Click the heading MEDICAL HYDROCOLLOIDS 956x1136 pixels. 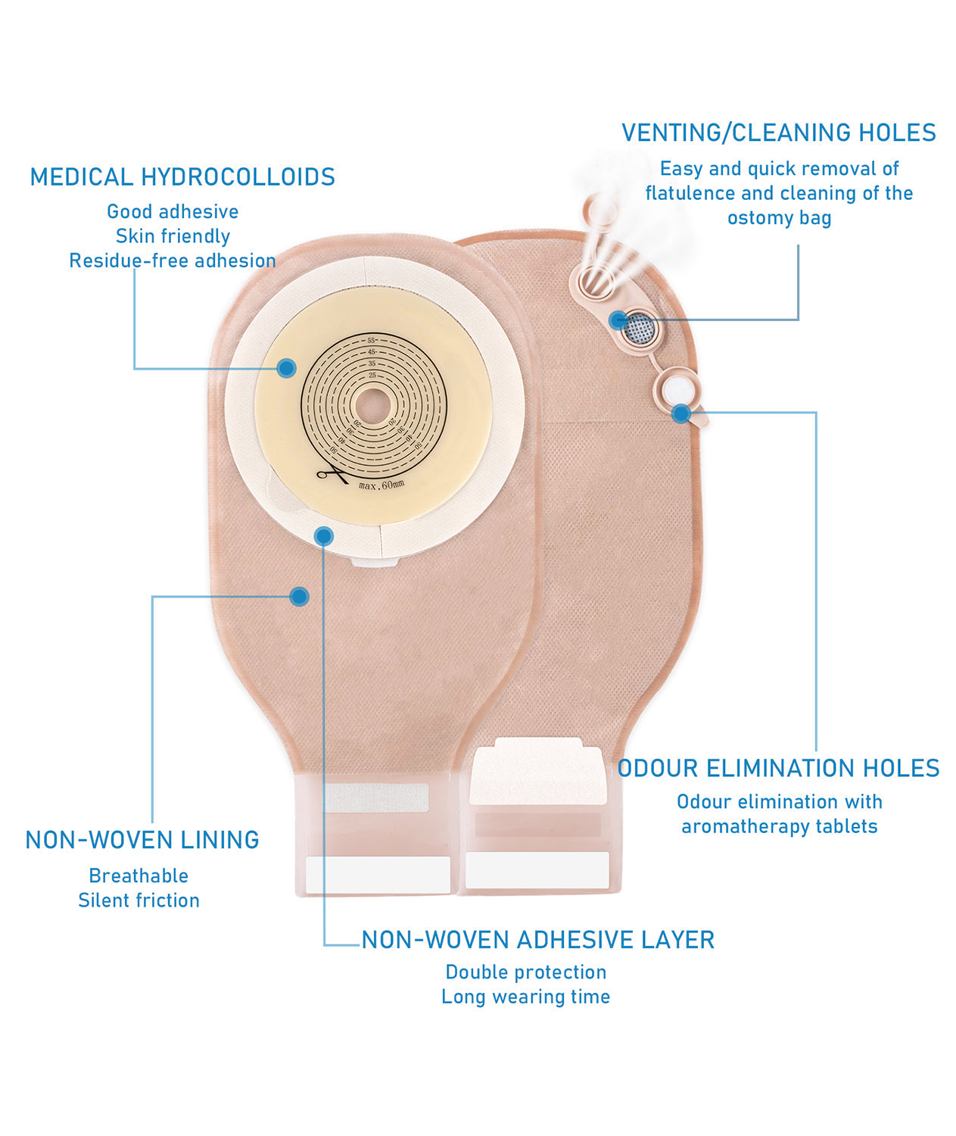pos(182,177)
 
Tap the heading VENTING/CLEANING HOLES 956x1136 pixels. pos(779,133)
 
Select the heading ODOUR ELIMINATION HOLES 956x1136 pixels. pos(779,769)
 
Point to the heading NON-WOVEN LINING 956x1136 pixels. pos(142,840)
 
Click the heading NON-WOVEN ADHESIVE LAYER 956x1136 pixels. pos(538,940)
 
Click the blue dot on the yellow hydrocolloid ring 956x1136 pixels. pos(286,369)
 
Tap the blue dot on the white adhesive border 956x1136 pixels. pos(324,537)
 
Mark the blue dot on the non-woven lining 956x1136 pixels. pos(300,597)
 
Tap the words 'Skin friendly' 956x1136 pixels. pos(173,236)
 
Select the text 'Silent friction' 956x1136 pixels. pos(139,900)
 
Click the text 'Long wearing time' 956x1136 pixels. pos(526,997)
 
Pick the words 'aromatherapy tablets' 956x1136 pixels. pos(779,826)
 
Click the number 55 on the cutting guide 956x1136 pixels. pos(372,340)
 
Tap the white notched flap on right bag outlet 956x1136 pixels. pos(537,771)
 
